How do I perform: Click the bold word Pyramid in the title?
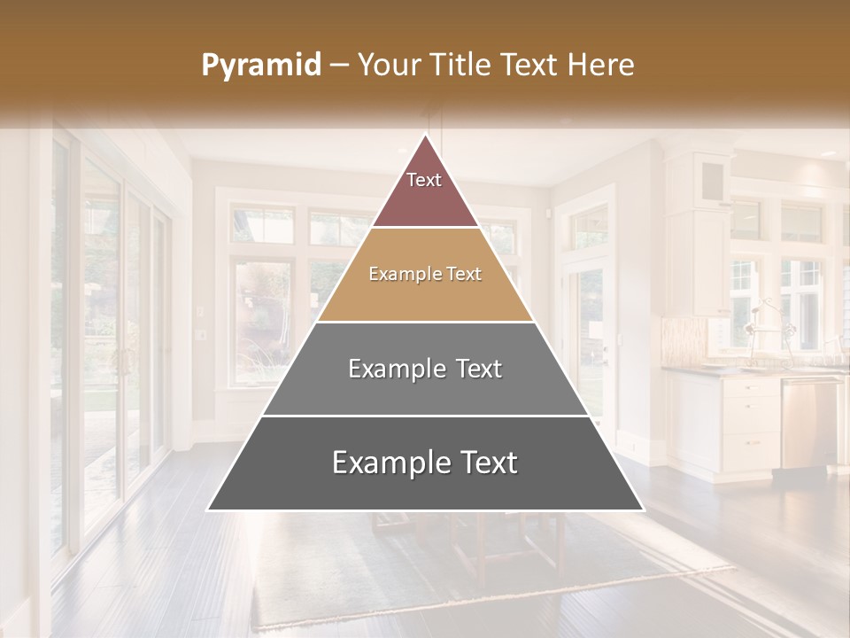coord(261,66)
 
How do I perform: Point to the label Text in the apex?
coord(424,180)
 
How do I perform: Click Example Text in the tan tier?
coord(425,275)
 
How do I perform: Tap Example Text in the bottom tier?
coord(425,463)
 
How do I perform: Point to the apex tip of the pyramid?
coord(425,136)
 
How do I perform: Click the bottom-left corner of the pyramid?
coord(209,509)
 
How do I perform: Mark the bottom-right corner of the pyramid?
coord(642,509)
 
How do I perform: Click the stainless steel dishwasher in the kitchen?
coord(808,424)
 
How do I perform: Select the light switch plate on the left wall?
coord(200,334)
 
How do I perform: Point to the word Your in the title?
coord(386,66)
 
